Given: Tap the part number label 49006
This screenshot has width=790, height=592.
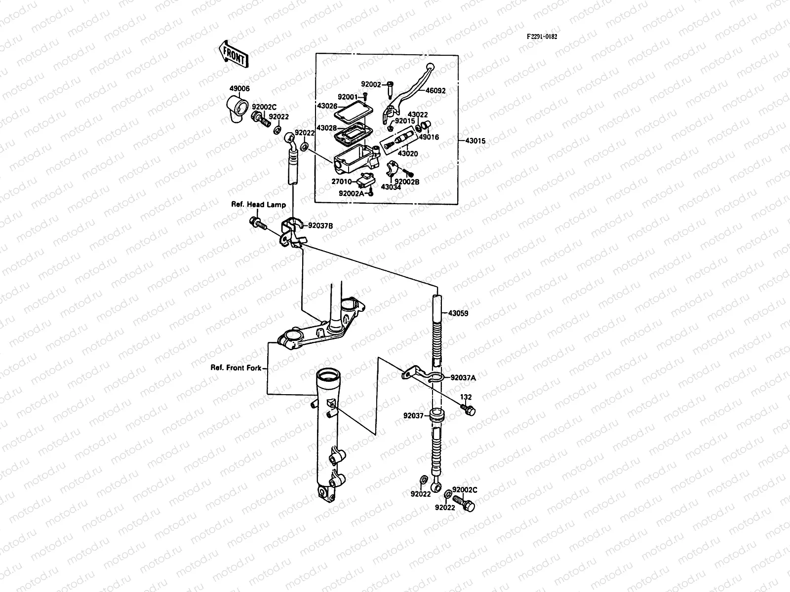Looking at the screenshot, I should [x=239, y=89].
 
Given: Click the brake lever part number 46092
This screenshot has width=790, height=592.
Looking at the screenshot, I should [x=435, y=91].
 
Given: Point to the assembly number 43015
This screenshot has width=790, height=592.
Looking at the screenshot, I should [x=475, y=141].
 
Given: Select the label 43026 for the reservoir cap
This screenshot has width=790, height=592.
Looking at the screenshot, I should [x=327, y=106].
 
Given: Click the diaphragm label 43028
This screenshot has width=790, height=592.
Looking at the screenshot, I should [x=327, y=128].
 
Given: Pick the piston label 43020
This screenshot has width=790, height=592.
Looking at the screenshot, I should [x=408, y=154].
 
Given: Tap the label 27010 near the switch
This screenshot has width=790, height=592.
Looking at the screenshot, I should [x=341, y=182].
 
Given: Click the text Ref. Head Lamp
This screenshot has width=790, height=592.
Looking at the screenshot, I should [x=259, y=204].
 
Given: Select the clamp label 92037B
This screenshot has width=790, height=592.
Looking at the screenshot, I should [x=320, y=225].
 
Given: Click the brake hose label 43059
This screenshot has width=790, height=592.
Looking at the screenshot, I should [x=458, y=313].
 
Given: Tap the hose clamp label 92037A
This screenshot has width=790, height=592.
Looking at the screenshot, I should [x=463, y=378].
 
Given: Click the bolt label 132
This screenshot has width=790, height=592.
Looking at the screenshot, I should [x=466, y=397].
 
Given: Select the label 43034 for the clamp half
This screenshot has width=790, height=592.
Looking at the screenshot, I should [x=391, y=187].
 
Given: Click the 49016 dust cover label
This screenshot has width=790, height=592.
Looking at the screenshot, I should [x=429, y=138].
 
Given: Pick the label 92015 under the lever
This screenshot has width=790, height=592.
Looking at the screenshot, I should [x=404, y=121].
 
